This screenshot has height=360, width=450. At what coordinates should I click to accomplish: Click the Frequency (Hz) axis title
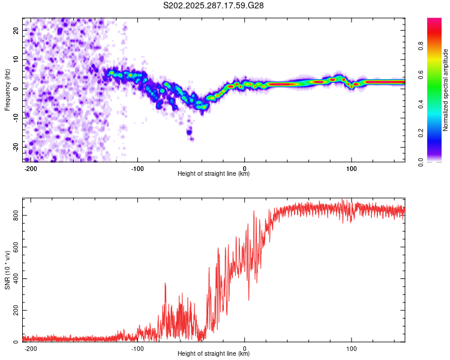click(7, 90)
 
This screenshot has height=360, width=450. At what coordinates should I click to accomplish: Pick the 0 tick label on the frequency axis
click(17, 89)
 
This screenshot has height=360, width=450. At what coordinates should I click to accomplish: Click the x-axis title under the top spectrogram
click(214, 174)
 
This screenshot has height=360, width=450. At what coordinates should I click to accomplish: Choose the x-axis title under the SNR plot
click(214, 354)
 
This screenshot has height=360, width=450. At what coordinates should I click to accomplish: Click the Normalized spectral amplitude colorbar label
click(445, 90)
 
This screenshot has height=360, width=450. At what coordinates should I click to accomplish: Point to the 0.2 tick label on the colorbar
click(437, 133)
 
